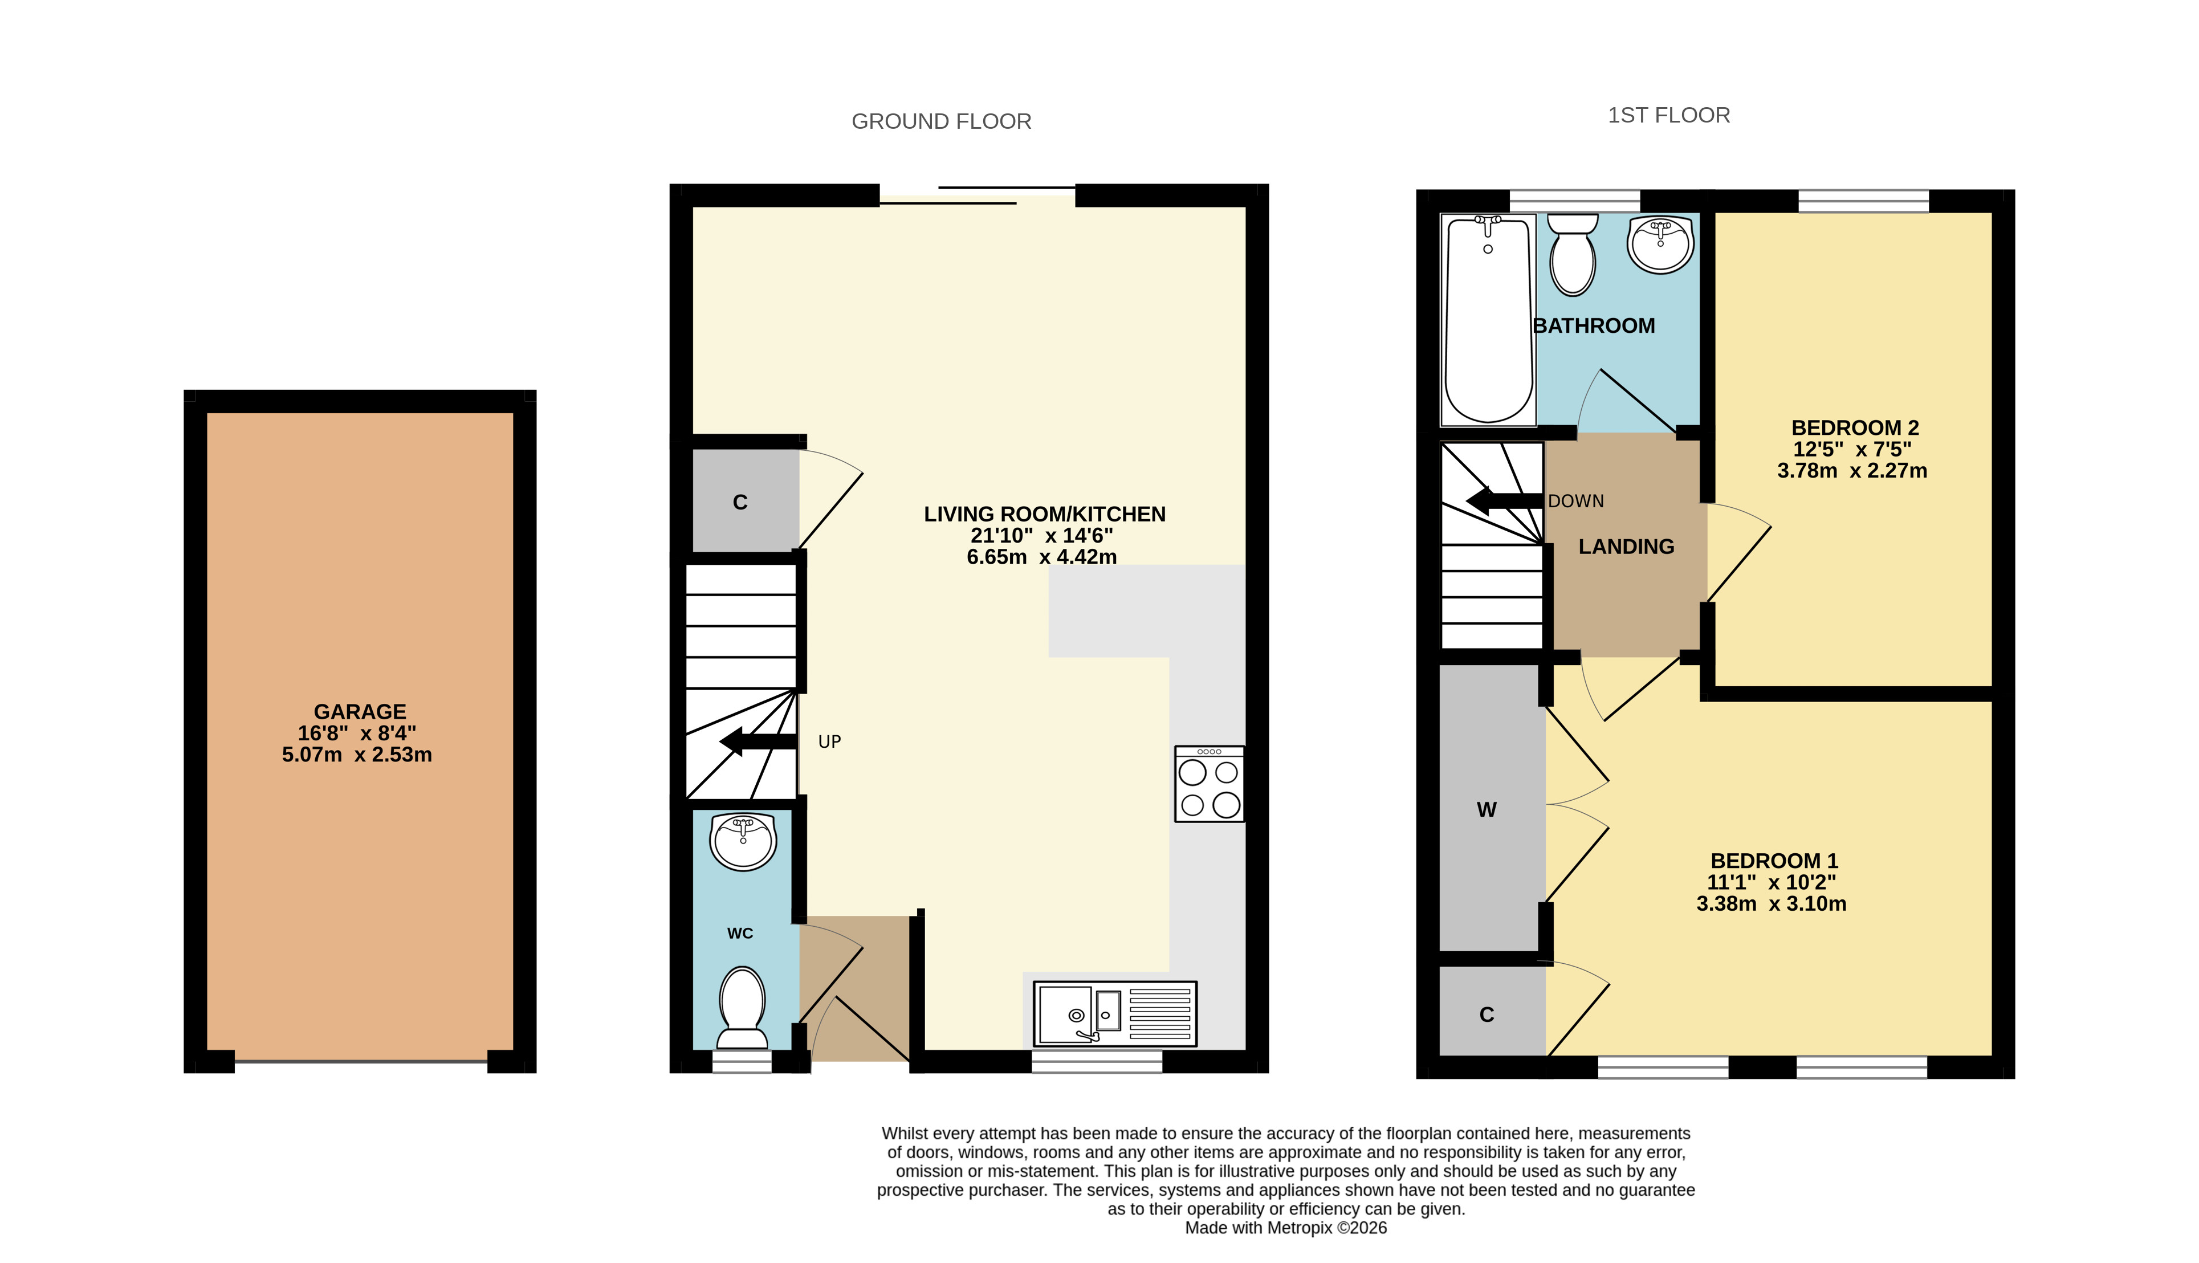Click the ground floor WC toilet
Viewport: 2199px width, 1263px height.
pyautogui.click(x=743, y=1009)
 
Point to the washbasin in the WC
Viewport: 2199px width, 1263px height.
pyautogui.click(x=743, y=841)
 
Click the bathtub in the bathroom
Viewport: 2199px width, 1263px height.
pyautogui.click(x=1488, y=320)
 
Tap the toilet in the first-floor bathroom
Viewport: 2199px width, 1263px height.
pyautogui.click(x=1573, y=254)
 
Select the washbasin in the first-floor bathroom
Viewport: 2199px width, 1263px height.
pyautogui.click(x=1660, y=245)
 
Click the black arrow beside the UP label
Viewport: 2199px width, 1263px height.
pyautogui.click(x=758, y=741)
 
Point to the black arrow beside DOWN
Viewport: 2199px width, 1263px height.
pyautogui.click(x=1505, y=500)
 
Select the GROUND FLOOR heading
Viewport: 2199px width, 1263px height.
pyautogui.click(x=941, y=121)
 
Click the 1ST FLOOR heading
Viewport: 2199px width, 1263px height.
pyautogui.click(x=1669, y=115)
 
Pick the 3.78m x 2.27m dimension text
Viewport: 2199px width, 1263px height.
pyautogui.click(x=1852, y=471)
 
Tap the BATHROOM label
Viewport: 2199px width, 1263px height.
pyautogui.click(x=1594, y=326)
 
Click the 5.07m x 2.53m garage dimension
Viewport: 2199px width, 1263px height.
pyautogui.click(x=356, y=755)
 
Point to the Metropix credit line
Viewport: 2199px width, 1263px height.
pyautogui.click(x=1285, y=1228)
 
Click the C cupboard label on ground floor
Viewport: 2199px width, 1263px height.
pyautogui.click(x=740, y=502)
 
